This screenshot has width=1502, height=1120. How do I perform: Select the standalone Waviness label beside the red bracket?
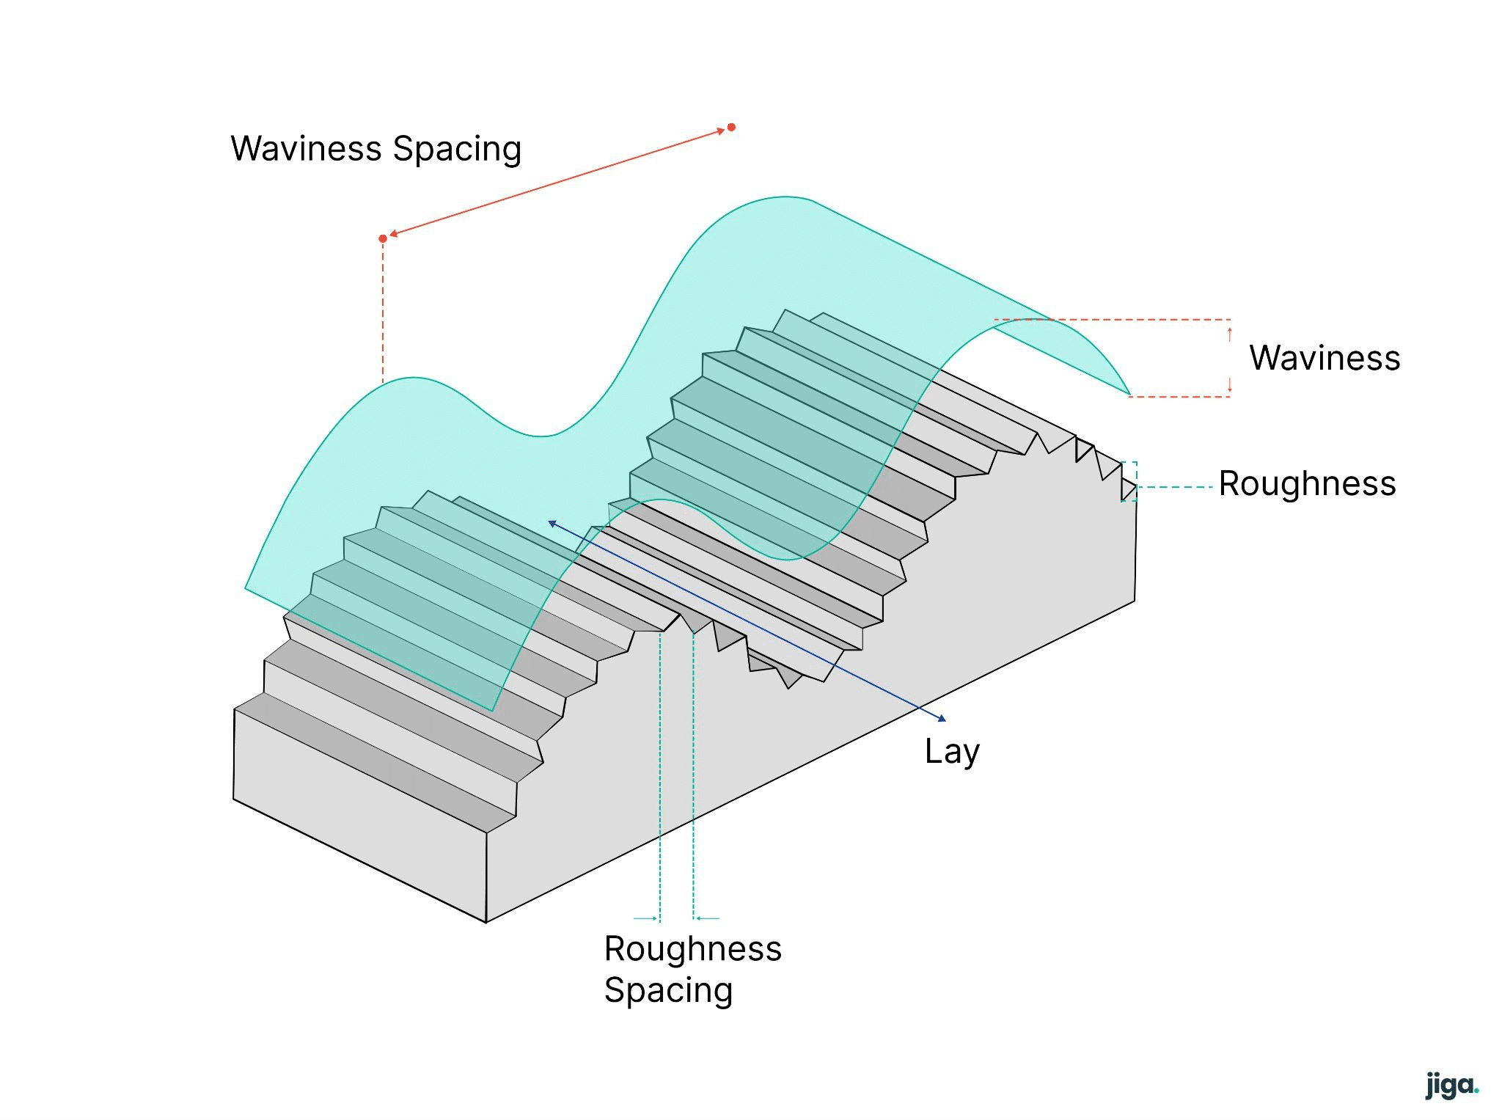pyautogui.click(x=1325, y=358)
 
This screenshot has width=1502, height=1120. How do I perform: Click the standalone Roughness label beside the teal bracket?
pyautogui.click(x=1308, y=483)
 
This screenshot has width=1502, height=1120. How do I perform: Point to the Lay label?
pyautogui.click(x=952, y=753)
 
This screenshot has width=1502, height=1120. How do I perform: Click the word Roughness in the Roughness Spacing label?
pyautogui.click(x=693, y=948)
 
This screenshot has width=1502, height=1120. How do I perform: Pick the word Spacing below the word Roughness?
pyautogui.click(x=668, y=991)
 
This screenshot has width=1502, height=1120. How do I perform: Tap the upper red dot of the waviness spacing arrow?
pyautogui.click(x=731, y=128)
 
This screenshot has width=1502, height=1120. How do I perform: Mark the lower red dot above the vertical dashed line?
pyautogui.click(x=383, y=238)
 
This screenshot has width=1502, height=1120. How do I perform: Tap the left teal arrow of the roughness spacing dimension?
pyautogui.click(x=646, y=918)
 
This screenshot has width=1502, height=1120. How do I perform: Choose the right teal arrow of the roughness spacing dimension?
pyautogui.click(x=707, y=918)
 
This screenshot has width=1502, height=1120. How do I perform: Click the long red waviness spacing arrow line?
pyautogui.click(x=557, y=183)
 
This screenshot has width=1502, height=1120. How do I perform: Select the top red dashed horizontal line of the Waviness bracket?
pyautogui.click(x=1113, y=320)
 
